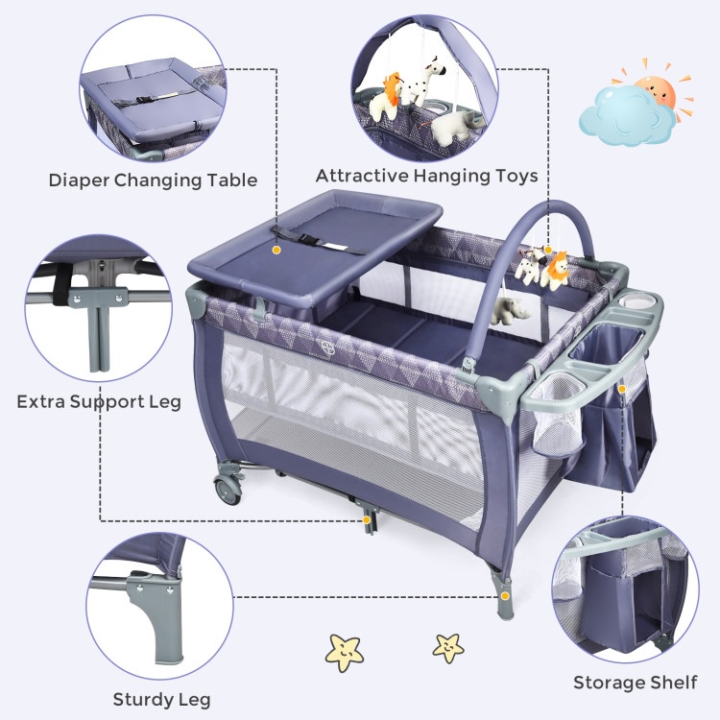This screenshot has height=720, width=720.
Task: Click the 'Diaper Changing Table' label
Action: point(153,180)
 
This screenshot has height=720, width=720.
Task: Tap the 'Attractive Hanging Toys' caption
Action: point(426,176)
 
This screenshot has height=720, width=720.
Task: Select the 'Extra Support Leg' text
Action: point(98,399)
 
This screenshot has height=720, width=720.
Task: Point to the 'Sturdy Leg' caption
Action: point(161,699)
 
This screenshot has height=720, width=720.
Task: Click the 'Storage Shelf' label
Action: point(635,683)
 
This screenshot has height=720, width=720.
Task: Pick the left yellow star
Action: point(345,651)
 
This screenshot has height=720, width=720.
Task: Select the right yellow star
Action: point(448,646)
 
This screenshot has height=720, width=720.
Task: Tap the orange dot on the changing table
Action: point(276,249)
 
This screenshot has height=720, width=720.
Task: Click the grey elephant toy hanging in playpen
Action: point(508,310)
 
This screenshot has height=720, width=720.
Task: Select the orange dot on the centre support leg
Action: point(368,520)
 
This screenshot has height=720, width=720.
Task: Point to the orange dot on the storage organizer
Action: point(622,388)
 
